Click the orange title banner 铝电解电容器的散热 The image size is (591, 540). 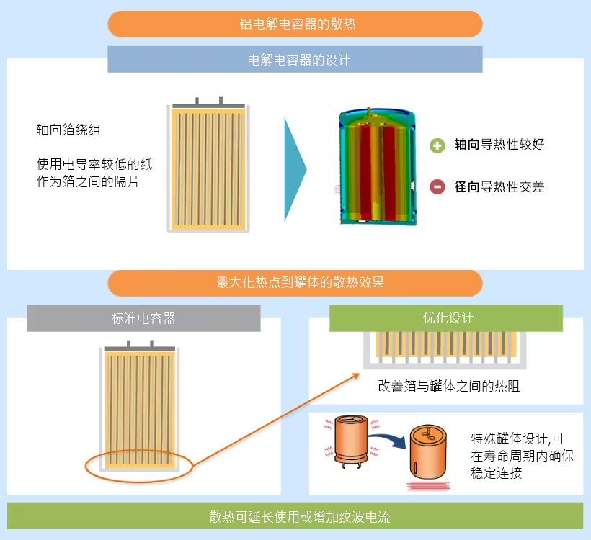295,24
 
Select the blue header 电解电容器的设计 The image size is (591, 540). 295,60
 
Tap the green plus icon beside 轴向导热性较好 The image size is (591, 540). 437,145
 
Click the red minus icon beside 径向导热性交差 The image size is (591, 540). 437,186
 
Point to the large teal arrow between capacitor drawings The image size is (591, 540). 295,169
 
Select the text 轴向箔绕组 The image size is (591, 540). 68,130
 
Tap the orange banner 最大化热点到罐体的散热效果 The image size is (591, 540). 295,282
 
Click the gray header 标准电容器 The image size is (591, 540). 143,318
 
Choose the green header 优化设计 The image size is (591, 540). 446,318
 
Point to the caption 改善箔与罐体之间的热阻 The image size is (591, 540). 448,387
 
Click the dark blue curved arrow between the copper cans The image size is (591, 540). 386,436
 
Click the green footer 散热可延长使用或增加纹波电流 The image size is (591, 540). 295,517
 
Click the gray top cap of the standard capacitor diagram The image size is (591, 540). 139,348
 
